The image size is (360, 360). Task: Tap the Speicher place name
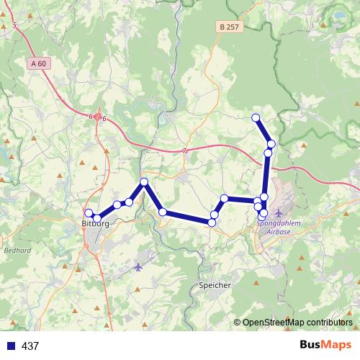(214, 286)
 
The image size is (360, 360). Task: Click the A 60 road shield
(40, 63)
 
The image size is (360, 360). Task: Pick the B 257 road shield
(228, 27)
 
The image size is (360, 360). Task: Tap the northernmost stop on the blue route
(256, 117)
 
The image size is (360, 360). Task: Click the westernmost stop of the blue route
(89, 213)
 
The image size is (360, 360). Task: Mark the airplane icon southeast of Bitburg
(138, 267)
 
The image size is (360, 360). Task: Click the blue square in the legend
(10, 346)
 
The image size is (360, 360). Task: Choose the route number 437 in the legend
(30, 346)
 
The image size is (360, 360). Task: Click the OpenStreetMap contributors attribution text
(297, 323)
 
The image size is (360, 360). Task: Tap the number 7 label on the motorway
(185, 150)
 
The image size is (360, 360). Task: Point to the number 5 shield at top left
(15, 25)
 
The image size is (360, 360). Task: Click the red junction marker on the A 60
(98, 117)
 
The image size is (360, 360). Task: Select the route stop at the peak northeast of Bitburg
(144, 182)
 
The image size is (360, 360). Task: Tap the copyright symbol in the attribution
(237, 323)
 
